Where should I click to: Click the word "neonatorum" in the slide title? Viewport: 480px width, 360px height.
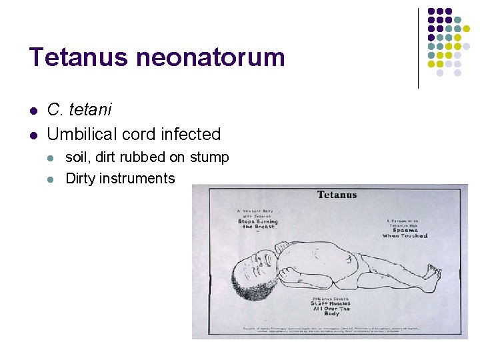pyautogui.click(x=211, y=57)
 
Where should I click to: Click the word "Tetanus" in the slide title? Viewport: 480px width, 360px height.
pyautogui.click(x=79, y=57)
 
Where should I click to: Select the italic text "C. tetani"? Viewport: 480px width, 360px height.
pyautogui.click(x=79, y=109)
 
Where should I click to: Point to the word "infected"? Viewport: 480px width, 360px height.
pyautogui.click(x=189, y=134)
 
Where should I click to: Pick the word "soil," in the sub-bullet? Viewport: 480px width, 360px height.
pyautogui.click(x=79, y=157)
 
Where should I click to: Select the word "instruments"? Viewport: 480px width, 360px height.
pyautogui.click(x=137, y=178)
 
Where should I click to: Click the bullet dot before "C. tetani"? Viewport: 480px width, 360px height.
pyautogui.click(x=33, y=110)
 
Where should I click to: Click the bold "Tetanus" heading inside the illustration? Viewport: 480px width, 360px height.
pyautogui.click(x=337, y=195)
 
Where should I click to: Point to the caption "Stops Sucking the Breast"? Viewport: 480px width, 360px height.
pyautogui.click(x=259, y=223)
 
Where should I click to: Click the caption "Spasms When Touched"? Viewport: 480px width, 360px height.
pyautogui.click(x=405, y=231)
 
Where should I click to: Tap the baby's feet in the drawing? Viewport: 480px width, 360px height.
pyautogui.click(x=433, y=271)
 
